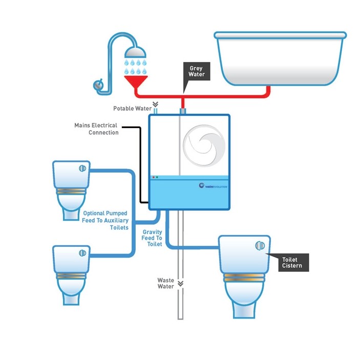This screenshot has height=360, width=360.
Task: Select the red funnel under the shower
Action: click(136, 83)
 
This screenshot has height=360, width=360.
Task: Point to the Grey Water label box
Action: click(197, 72)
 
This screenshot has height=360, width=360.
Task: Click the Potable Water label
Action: click(132, 109)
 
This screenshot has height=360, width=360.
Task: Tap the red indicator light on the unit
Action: click(153, 177)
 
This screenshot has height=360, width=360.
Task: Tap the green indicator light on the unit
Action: click(157, 177)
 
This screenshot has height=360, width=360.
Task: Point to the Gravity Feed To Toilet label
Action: click(152, 238)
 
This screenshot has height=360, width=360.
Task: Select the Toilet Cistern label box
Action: click(292, 263)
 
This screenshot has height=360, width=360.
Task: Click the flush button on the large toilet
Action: click(260, 246)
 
